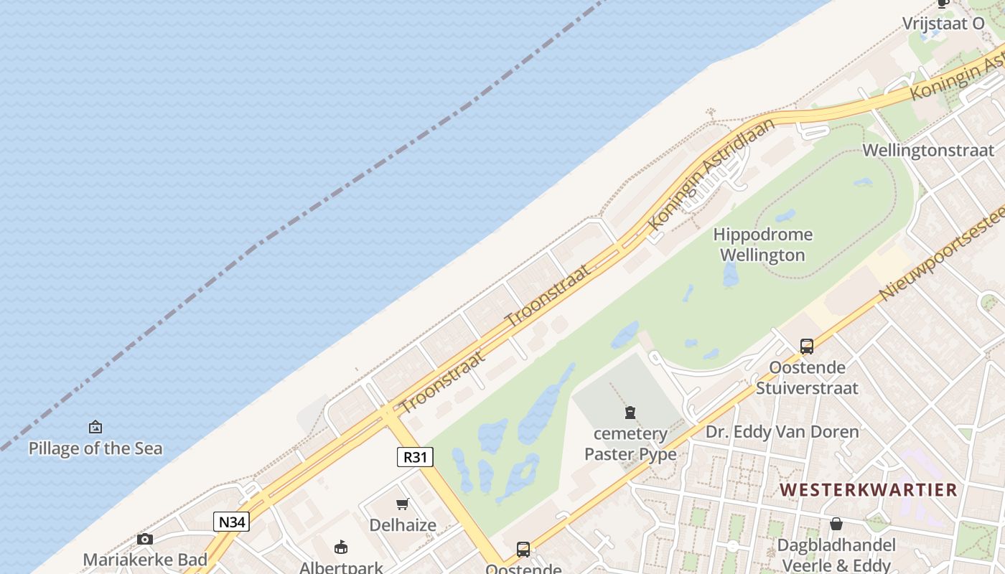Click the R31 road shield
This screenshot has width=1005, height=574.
[415, 457]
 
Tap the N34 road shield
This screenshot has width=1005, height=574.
[231, 522]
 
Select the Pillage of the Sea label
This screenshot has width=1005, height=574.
[95, 448]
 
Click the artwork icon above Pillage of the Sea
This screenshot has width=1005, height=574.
[95, 428]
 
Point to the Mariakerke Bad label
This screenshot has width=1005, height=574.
[145, 560]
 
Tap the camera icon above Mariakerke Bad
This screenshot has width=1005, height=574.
[145, 539]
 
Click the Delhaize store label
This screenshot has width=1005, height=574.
[403, 525]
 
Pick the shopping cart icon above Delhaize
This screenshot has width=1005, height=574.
[403, 504]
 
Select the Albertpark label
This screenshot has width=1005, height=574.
[341, 568]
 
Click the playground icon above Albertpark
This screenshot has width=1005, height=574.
[341, 547]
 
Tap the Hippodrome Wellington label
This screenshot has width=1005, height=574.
[762, 245]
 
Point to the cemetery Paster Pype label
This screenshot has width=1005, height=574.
[630, 444]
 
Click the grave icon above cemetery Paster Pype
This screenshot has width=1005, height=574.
[630, 413]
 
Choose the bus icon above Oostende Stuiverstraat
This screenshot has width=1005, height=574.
[807, 347]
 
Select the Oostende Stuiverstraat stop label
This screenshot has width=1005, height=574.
[807, 378]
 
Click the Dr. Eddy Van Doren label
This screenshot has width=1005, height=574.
[782, 432]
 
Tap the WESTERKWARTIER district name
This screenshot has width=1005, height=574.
[869, 490]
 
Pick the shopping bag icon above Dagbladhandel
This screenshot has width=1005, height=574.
[836, 524]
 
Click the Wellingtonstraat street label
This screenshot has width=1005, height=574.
[928, 150]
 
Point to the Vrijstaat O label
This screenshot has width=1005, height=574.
[943, 23]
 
